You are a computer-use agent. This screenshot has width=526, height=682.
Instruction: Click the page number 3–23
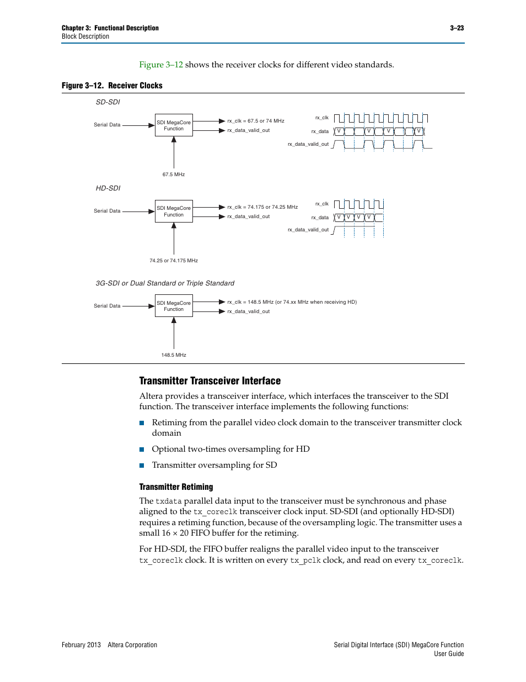(457, 28)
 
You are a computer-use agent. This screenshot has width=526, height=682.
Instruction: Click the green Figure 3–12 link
(161, 65)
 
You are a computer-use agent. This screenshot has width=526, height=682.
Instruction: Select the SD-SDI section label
(108, 102)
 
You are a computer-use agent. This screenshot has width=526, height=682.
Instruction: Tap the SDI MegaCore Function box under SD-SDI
(174, 125)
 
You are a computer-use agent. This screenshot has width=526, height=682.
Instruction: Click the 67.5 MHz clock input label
(174, 175)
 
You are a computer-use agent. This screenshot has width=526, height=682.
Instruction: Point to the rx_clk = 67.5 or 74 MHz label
(256, 121)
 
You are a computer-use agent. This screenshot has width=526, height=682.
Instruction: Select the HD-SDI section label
(108, 188)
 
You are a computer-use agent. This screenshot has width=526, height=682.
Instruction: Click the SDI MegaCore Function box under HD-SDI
(174, 212)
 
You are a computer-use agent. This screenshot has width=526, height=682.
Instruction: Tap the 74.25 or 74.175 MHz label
(174, 261)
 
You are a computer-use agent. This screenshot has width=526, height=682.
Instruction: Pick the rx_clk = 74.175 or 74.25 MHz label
(262, 207)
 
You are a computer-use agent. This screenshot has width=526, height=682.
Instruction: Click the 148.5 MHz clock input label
(174, 355)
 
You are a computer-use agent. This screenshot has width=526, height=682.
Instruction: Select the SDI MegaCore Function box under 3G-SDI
(174, 306)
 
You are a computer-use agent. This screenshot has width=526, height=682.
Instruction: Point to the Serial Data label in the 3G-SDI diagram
(107, 306)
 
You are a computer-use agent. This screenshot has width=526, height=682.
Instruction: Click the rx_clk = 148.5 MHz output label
(292, 302)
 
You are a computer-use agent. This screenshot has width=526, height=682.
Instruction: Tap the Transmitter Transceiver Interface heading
(210, 381)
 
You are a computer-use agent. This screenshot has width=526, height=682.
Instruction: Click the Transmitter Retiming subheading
(176, 487)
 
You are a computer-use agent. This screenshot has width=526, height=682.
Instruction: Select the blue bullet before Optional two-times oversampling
(142, 450)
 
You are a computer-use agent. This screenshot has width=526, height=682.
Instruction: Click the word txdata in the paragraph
(168, 501)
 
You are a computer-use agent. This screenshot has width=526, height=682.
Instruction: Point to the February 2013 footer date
(81, 645)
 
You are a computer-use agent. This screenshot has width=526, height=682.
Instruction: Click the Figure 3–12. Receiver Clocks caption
(112, 86)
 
